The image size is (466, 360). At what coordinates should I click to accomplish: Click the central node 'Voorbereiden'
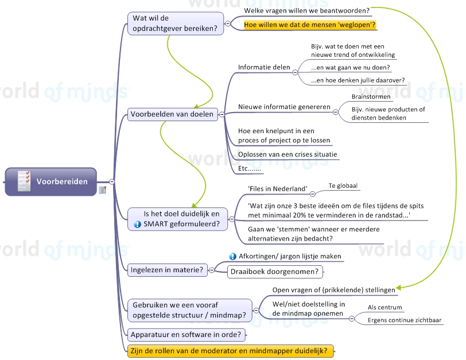coord(62,182)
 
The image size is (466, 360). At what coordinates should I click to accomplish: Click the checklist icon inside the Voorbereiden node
coord(24,181)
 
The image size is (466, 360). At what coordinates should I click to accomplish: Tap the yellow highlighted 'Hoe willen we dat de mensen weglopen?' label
coord(310,25)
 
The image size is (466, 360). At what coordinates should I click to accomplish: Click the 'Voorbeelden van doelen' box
coord(172,114)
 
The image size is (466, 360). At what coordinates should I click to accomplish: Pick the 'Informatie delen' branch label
coord(264,67)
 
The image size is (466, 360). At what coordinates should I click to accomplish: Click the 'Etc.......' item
coord(250,169)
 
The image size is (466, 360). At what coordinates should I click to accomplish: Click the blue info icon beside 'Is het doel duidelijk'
coord(137,224)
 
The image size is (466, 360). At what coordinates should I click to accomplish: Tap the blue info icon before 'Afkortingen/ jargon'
coord(232,256)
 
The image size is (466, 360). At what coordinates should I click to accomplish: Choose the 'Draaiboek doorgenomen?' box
coord(275,271)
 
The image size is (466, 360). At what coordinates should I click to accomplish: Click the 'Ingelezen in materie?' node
coord(167,269)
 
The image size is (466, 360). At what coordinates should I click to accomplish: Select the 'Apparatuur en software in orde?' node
coord(187,334)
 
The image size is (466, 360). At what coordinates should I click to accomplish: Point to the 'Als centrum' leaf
coord(385,307)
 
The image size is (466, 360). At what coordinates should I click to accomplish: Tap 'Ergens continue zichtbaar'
coord(405,320)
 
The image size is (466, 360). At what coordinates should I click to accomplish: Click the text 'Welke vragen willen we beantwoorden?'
coord(306,10)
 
